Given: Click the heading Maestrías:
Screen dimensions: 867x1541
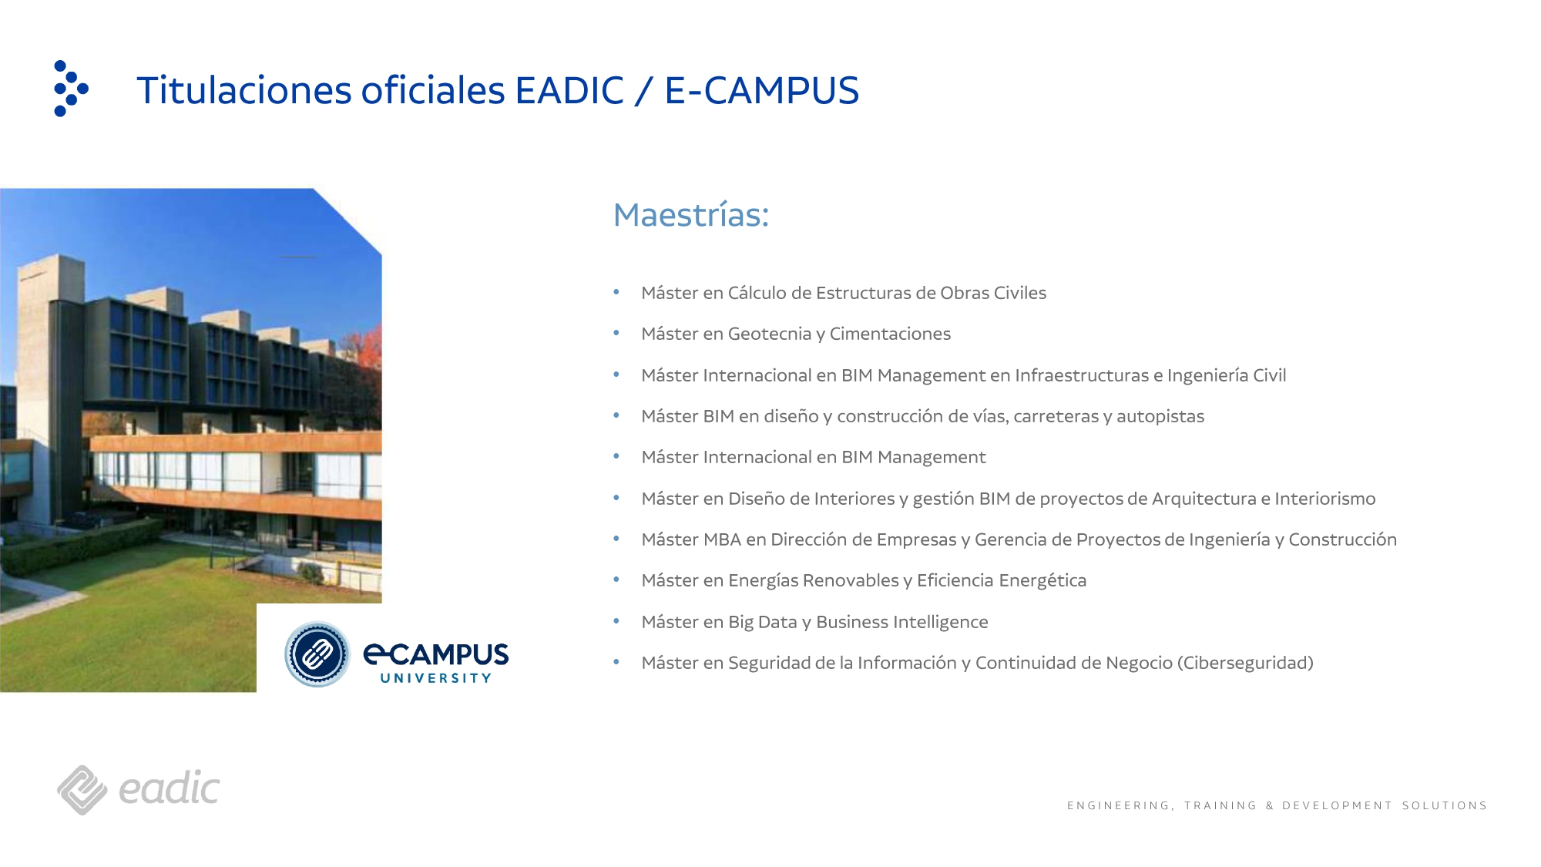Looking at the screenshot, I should click(x=690, y=215).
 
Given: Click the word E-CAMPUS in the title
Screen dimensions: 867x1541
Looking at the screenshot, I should click(x=761, y=91).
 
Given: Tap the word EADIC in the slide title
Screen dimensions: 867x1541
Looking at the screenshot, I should click(x=569, y=91).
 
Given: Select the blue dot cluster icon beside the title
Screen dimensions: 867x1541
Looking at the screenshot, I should click(x=70, y=89).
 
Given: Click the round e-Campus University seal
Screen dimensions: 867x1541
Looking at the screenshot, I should click(x=317, y=655).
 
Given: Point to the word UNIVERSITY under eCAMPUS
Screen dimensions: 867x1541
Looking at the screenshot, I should click(x=435, y=678).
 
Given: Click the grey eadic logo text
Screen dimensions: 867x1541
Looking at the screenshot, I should click(x=170, y=789).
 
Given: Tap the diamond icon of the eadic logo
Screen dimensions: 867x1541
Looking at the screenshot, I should click(x=82, y=790).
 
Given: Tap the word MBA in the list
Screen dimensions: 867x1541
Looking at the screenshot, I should click(x=722, y=539).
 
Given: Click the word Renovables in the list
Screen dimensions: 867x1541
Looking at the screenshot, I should click(x=851, y=580).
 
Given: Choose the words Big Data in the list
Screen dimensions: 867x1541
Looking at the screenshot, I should click(x=762, y=622).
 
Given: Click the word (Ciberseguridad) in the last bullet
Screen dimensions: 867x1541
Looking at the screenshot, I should click(x=1245, y=663).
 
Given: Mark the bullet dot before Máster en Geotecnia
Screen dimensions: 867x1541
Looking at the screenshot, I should click(x=616, y=333).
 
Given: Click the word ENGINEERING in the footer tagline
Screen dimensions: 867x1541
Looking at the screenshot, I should click(x=1120, y=805).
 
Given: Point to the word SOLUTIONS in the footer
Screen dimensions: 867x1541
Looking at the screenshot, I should click(x=1444, y=805).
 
